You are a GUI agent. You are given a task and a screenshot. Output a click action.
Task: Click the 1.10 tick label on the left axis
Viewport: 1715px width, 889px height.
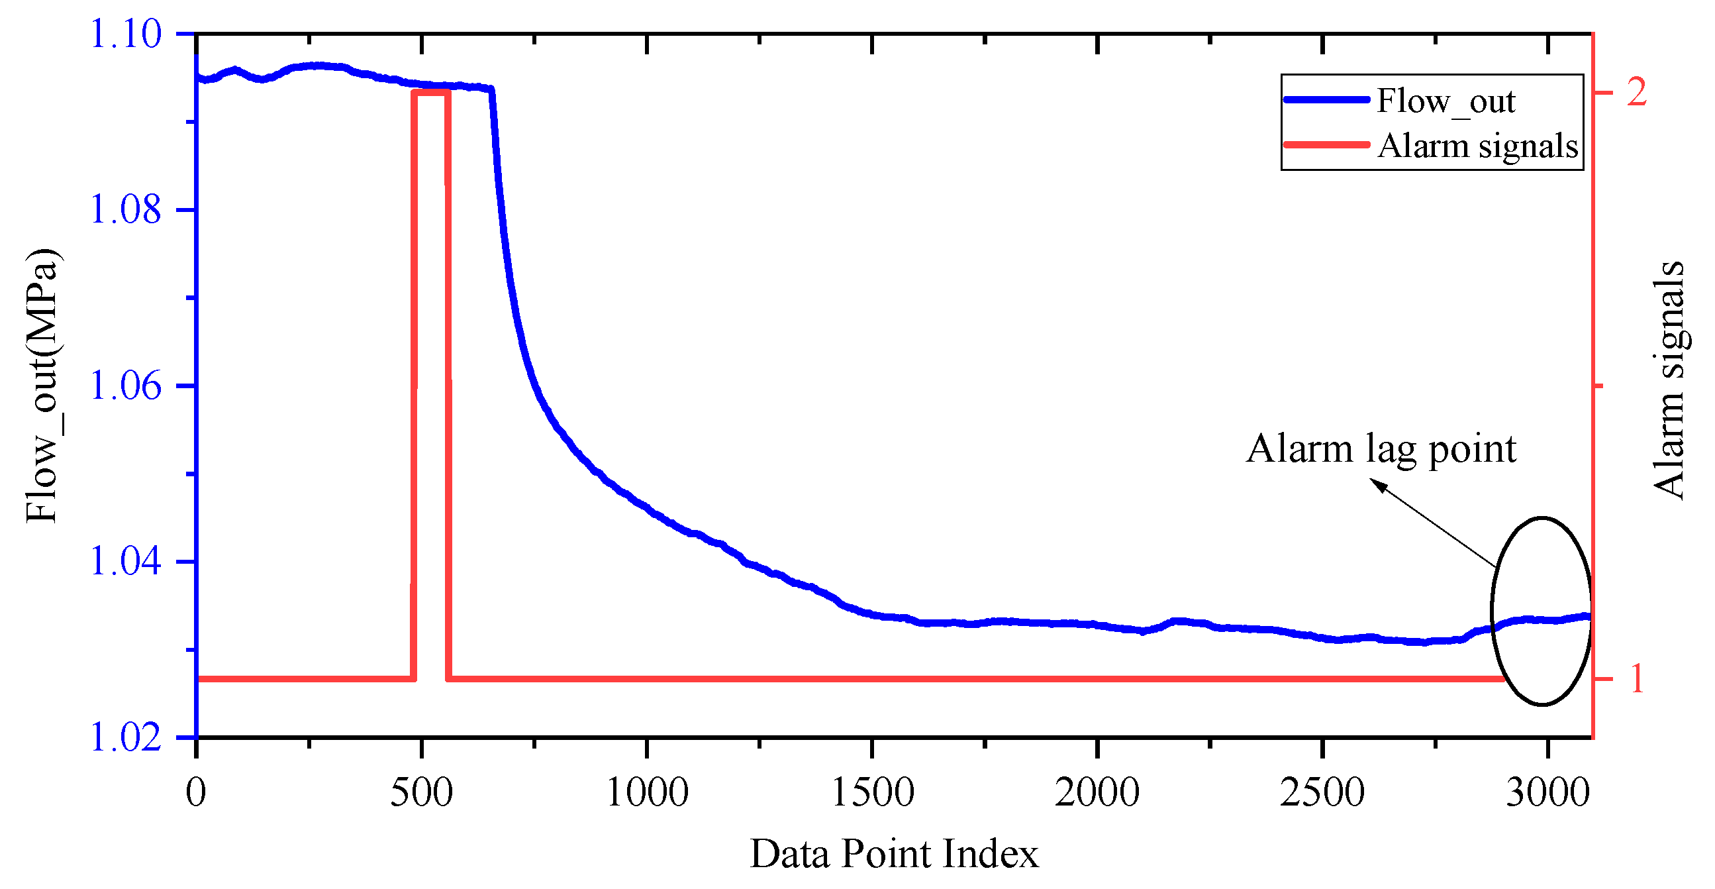tap(125, 34)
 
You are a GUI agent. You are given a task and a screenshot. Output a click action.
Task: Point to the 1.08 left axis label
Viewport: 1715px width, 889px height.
tap(125, 210)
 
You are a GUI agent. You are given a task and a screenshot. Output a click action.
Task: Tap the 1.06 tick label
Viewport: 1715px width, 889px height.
tap(125, 386)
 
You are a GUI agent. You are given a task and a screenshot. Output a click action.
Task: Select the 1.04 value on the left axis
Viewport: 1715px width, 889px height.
tap(125, 561)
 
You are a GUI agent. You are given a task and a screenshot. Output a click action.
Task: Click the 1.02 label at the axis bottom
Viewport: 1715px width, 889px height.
tap(125, 737)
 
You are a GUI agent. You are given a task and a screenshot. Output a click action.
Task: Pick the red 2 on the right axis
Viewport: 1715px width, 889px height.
tap(1637, 92)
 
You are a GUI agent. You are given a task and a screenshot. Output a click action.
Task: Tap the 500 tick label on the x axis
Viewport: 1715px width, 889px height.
tap(421, 792)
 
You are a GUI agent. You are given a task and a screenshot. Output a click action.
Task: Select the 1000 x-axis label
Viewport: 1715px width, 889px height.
tap(647, 792)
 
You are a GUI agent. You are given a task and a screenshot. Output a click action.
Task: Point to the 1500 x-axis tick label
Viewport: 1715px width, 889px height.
tap(873, 792)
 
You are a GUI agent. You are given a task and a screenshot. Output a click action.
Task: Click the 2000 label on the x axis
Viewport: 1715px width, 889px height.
tap(1097, 792)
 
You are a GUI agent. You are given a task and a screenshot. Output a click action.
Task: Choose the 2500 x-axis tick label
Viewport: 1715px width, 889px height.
tap(1322, 792)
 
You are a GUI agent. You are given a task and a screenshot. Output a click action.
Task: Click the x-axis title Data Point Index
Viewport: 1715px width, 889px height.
tap(894, 854)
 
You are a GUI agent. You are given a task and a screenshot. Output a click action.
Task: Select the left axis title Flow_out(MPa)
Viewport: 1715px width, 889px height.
tap(42, 386)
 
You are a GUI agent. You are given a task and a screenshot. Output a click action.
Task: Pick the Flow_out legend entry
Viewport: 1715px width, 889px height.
tap(1445, 101)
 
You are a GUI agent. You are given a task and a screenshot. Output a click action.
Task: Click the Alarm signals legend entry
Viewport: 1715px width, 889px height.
tap(1477, 146)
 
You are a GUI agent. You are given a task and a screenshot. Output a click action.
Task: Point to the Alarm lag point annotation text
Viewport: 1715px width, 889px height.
tap(1381, 449)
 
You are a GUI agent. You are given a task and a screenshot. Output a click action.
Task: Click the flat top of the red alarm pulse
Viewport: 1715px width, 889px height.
tap(432, 92)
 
